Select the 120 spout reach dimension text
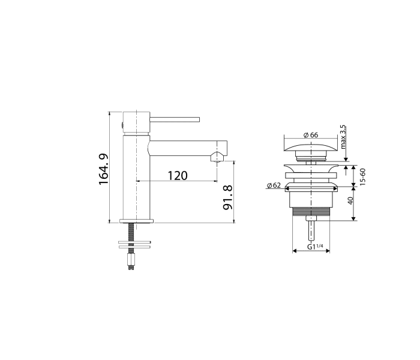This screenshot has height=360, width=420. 177,175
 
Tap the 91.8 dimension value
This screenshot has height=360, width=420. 227,197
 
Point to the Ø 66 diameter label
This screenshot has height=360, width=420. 310,135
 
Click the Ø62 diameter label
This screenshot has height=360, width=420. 274,185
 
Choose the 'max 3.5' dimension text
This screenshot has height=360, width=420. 343,137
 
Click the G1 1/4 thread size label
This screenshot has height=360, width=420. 314,247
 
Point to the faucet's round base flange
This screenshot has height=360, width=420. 138,220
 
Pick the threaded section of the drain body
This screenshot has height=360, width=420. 310,212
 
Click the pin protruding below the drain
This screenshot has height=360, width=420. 310,229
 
